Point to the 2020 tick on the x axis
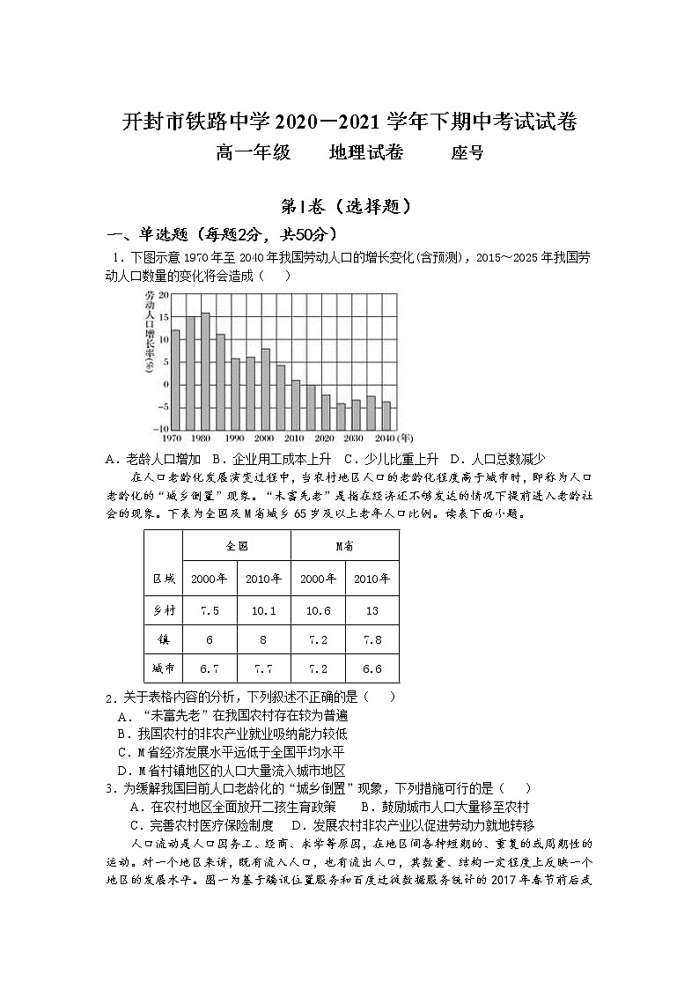click(x=324, y=438)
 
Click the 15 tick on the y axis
click(x=162, y=318)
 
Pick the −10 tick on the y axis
click(x=159, y=429)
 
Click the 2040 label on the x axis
click(x=384, y=438)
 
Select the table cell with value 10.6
click(x=318, y=610)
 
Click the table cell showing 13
click(x=372, y=610)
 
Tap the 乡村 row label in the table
click(x=164, y=610)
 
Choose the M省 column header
click(x=344, y=545)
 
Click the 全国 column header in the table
click(x=237, y=545)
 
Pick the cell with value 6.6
click(x=372, y=668)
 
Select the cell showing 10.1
click(x=263, y=610)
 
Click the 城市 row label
click(x=164, y=668)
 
